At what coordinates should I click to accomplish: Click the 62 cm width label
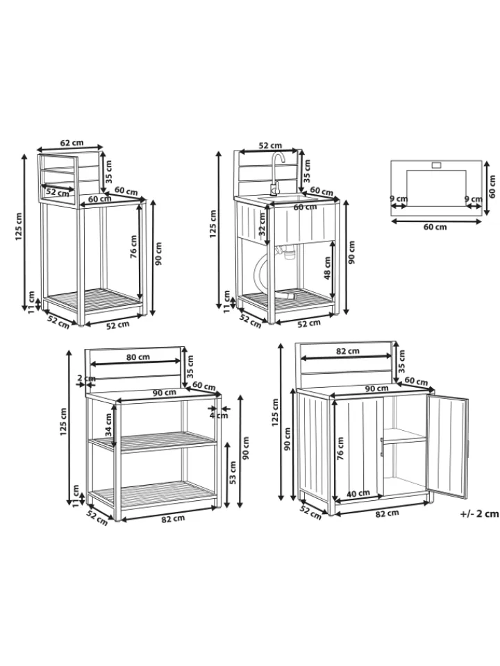[72, 143]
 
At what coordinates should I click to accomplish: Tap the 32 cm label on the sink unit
[262, 224]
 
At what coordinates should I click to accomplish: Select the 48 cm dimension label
[327, 268]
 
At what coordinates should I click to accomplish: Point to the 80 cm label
[138, 357]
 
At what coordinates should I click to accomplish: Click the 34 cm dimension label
[108, 425]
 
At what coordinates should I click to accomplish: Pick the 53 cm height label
[233, 473]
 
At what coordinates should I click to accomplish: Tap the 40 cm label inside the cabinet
[358, 493]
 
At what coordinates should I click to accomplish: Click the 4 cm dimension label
[219, 416]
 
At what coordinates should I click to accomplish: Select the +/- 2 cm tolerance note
[479, 513]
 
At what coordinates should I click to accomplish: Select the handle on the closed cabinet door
[382, 447]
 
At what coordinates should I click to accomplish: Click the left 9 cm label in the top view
[399, 198]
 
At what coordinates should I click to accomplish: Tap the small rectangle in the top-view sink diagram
[437, 165]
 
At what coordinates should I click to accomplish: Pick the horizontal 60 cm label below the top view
[435, 228]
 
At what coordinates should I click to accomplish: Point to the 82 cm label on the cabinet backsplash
[347, 351]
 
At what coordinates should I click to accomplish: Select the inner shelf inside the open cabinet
[405, 436]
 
